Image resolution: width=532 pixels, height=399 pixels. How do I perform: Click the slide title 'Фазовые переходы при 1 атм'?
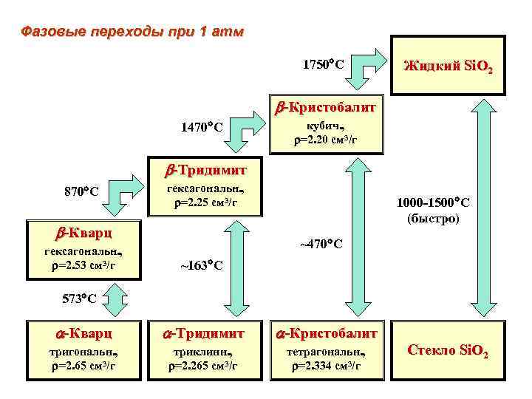point(131,33)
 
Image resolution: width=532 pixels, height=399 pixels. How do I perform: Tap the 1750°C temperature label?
point(323,64)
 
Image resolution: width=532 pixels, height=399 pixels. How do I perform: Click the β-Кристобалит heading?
point(325,108)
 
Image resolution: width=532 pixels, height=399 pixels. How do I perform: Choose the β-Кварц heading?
point(81,233)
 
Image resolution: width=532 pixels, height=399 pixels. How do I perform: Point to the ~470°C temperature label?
point(320,243)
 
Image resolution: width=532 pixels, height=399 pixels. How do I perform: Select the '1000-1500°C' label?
point(433,202)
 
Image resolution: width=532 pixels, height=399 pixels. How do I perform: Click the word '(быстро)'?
point(433,219)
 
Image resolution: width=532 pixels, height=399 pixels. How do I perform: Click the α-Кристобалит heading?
point(325,333)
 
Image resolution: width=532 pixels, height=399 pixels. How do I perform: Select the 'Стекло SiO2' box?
point(448,351)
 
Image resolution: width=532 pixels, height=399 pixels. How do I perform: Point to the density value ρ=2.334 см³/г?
point(325,365)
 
